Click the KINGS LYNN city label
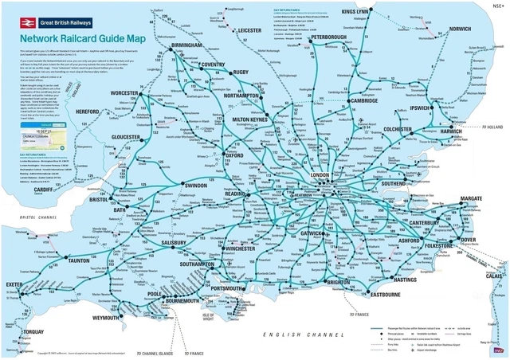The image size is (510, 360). (357, 12)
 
